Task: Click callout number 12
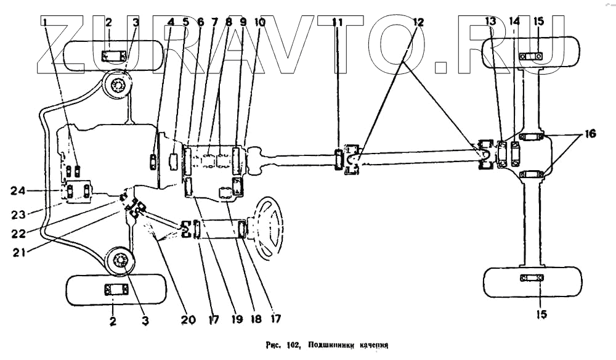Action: [x=418, y=22]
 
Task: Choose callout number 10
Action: [x=259, y=22]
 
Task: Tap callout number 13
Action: [x=490, y=22]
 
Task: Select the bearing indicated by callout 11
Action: [x=339, y=159]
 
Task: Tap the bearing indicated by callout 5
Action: [x=174, y=160]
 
